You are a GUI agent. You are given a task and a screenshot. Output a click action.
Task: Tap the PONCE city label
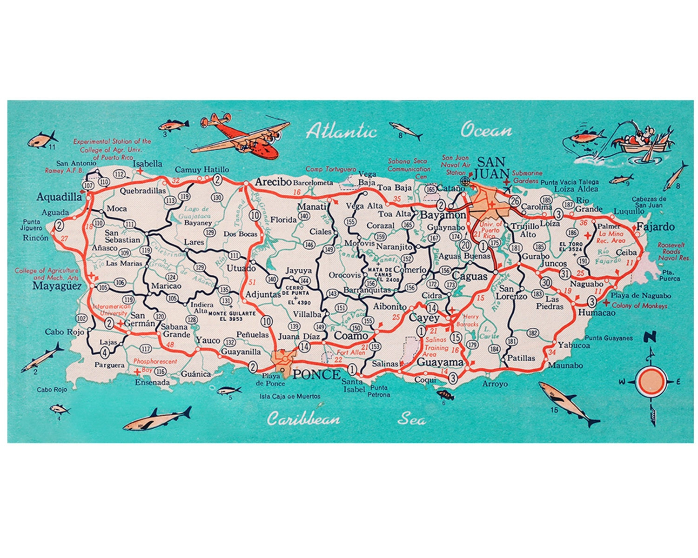[x=316, y=374]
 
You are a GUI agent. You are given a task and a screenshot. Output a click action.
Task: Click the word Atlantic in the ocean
[x=341, y=131]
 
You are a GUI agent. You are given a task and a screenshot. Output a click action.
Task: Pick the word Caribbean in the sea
[x=303, y=419]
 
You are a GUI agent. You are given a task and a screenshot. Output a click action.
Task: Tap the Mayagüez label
[x=57, y=286]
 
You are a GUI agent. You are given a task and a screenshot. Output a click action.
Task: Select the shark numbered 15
[x=568, y=402]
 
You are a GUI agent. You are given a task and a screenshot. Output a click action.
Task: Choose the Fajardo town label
[x=655, y=227]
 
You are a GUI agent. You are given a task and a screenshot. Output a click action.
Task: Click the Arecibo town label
[x=273, y=182]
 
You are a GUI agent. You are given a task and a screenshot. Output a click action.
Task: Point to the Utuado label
[x=241, y=268]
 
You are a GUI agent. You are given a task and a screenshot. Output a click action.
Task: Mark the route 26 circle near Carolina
[x=514, y=201]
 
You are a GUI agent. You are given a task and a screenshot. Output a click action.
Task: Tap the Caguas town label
[x=470, y=276]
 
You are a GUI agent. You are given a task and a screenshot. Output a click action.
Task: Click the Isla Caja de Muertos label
[x=290, y=396]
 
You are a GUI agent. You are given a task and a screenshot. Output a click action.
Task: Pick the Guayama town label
[x=440, y=362]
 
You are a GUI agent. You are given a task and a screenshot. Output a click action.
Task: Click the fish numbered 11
[x=42, y=139]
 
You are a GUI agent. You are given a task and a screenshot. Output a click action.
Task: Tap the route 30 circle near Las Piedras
[x=546, y=282]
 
